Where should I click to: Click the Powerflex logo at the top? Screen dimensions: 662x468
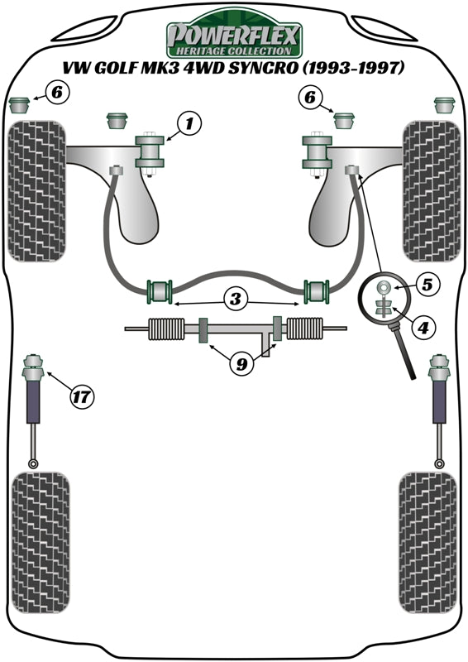[x=234, y=37]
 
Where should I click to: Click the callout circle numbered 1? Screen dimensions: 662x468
[x=188, y=125]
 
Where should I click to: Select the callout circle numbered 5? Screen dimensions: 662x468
[x=425, y=284]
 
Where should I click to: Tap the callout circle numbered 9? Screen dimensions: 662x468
[x=239, y=362]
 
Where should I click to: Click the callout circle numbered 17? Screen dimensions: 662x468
[x=80, y=396]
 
